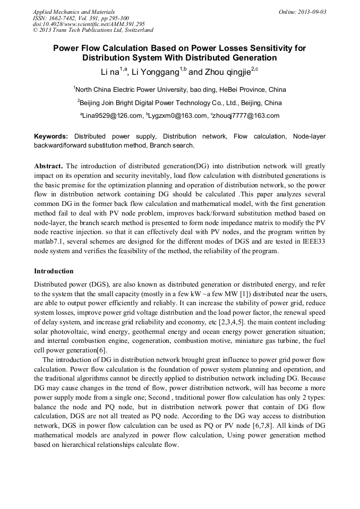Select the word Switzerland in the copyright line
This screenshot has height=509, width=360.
click(135, 30)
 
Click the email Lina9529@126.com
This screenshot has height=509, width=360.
click(112, 116)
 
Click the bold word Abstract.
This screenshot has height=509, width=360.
click(48, 166)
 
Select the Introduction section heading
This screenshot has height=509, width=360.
click(54, 271)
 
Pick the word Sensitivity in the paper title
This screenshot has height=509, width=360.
click(271, 48)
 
